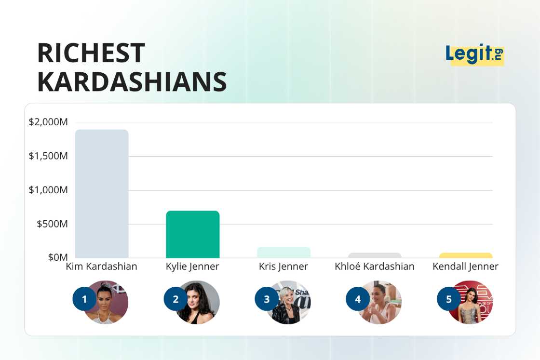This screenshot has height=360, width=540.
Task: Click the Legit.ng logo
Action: tap(474, 54)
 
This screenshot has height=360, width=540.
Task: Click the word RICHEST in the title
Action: tap(91, 53)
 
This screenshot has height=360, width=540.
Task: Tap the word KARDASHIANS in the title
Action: tap(132, 82)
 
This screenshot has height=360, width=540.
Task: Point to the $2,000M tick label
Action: tap(48, 122)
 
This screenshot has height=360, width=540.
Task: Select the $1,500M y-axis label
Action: tap(48, 156)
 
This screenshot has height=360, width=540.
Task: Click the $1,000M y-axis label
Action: tap(48, 190)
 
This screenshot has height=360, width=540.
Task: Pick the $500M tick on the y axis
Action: tap(52, 224)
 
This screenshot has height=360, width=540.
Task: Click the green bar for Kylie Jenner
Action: tap(193, 234)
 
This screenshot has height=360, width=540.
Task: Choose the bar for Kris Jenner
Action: tap(283, 253)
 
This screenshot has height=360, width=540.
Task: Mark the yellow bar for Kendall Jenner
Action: tap(466, 255)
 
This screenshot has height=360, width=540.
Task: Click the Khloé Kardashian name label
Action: tap(375, 267)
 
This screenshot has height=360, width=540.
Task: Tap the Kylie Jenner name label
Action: tap(192, 267)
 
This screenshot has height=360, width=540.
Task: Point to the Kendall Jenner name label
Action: tap(465, 267)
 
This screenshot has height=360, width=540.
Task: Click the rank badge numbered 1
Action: tap(84, 299)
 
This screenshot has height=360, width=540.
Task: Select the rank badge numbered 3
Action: tap(267, 299)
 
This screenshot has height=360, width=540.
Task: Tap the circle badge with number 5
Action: tap(449, 299)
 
